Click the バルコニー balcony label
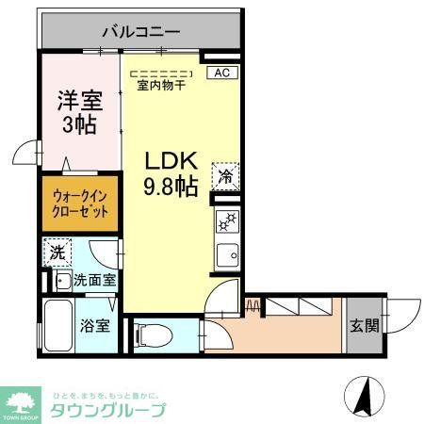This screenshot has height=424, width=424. (x=137, y=31)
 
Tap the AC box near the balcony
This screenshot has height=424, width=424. (x=221, y=72)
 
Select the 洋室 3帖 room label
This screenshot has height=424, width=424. (x=78, y=111)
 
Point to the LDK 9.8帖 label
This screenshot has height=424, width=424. (x=170, y=174)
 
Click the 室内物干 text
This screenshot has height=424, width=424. (x=161, y=85)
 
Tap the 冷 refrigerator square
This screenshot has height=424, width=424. (x=226, y=174)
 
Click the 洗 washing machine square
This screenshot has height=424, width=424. (x=57, y=253)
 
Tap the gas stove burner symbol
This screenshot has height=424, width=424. (x=226, y=223)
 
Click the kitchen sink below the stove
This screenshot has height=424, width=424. (x=226, y=253)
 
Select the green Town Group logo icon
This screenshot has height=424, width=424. (x=21, y=401)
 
